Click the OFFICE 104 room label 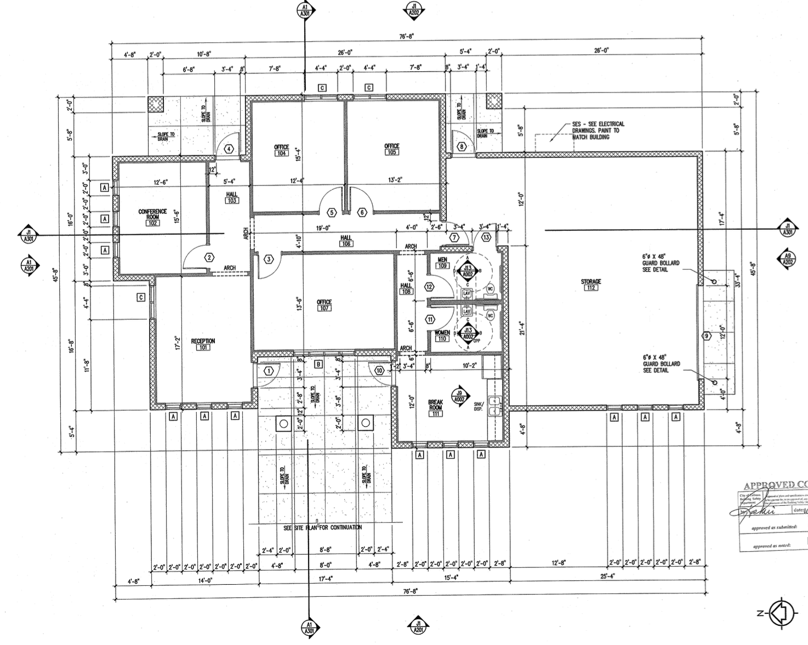(x=281, y=150)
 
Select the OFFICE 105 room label (x=392, y=149)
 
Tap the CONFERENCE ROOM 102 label (x=152, y=217)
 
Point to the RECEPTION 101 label (x=203, y=344)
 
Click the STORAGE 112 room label (x=591, y=284)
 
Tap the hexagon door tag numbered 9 (x=707, y=336)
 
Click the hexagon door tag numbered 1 (x=269, y=371)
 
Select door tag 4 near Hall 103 (x=229, y=149)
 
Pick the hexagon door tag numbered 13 (x=486, y=237)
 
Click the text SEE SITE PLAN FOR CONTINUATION (x=322, y=528)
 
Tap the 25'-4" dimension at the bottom (x=606, y=576)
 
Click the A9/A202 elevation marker (x=787, y=258)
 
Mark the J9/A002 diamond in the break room (x=459, y=397)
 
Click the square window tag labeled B (x=318, y=364)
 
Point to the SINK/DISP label (x=478, y=406)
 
